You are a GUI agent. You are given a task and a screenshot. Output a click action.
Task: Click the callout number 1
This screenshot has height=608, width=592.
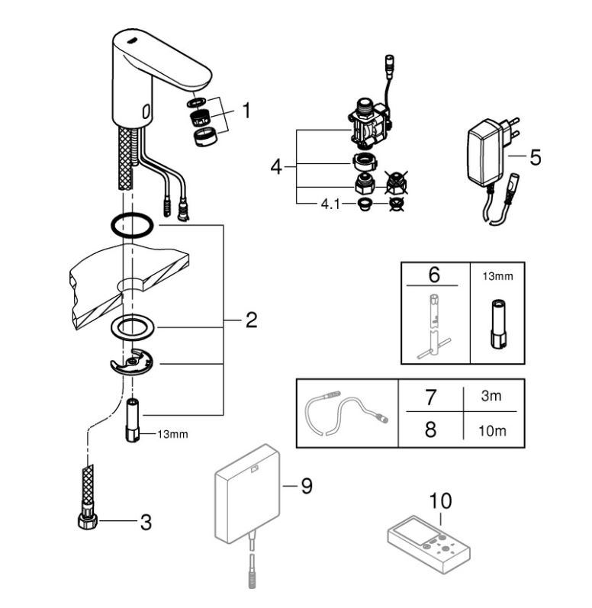(246, 111)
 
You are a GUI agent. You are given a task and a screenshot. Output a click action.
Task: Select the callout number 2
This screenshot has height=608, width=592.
(251, 320)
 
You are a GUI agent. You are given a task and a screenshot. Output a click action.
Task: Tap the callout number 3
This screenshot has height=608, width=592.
(146, 523)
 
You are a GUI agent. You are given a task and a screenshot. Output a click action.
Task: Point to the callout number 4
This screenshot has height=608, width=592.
(276, 167)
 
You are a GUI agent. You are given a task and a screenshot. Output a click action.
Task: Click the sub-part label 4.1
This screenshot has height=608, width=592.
(330, 204)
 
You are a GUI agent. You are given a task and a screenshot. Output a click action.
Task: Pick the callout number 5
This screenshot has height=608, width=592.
(536, 157)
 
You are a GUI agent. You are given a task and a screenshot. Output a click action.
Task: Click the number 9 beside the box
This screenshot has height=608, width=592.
(307, 486)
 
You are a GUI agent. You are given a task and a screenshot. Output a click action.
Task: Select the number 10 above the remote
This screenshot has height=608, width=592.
(440, 501)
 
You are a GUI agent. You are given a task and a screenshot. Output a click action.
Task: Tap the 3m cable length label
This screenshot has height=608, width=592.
(491, 396)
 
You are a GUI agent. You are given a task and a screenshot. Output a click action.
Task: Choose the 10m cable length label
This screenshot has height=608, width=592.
(492, 431)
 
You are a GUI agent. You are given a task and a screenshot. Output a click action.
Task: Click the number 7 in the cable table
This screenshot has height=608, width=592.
(431, 397)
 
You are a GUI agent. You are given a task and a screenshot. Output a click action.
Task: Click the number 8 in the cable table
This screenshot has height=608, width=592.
(431, 429)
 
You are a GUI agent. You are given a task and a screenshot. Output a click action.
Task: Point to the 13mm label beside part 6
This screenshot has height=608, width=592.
(498, 276)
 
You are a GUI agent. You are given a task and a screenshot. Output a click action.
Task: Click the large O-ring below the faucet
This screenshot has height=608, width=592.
(132, 225)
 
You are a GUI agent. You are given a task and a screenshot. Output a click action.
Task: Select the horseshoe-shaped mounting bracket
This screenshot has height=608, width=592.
(131, 362)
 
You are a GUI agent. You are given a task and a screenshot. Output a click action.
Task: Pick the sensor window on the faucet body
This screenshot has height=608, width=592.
(146, 112)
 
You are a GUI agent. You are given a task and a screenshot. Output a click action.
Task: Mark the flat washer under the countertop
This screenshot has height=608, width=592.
(132, 327)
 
